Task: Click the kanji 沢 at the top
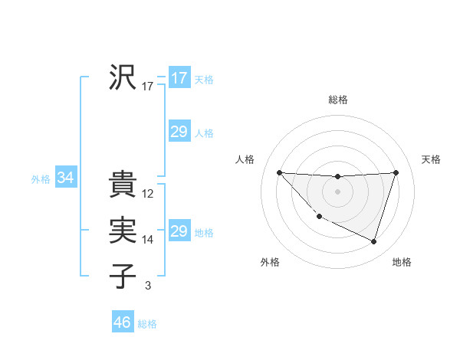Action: [123, 77]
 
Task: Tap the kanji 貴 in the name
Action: [123, 185]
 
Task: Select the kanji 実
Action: [123, 231]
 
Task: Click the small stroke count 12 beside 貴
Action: [148, 194]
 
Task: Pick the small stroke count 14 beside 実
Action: [148, 240]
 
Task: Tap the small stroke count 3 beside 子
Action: [147, 286]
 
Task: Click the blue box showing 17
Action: [179, 78]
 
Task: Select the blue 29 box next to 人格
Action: [179, 132]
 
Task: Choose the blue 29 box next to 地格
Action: [179, 231]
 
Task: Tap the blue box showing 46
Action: [122, 322]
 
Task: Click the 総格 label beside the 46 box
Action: [147, 324]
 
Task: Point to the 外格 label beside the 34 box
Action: [41, 179]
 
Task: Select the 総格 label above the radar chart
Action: [338, 100]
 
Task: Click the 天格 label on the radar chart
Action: [432, 159]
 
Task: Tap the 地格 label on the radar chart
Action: [402, 262]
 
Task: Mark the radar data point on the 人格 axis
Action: [279, 172]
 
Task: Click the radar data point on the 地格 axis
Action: [373, 242]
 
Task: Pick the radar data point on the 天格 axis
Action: [396, 172]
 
